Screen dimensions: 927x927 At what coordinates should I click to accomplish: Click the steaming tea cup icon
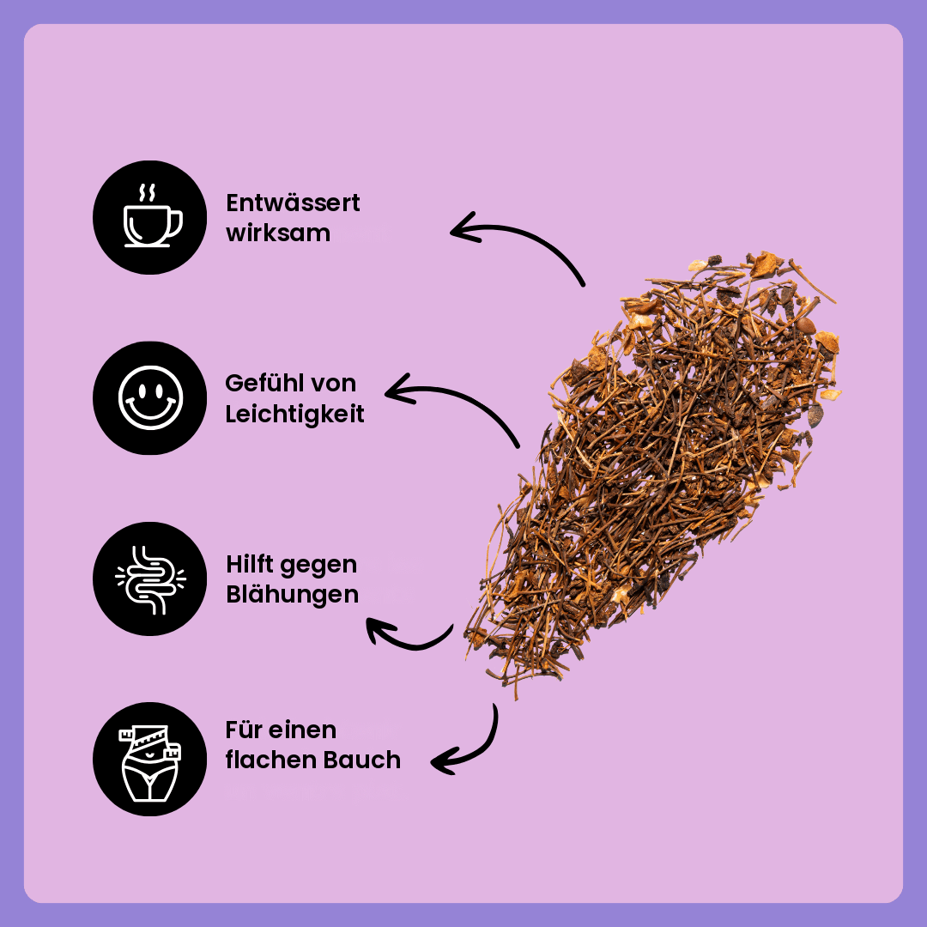click(x=150, y=217)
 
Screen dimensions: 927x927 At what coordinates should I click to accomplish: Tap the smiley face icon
click(x=150, y=397)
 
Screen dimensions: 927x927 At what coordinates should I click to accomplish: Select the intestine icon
click(x=150, y=579)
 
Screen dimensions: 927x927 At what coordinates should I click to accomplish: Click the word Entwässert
click(x=293, y=203)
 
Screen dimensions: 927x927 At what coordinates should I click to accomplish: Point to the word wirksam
click(x=278, y=233)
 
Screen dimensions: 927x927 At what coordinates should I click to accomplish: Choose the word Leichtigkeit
click(x=294, y=415)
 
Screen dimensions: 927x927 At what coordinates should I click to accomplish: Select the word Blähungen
click(x=292, y=595)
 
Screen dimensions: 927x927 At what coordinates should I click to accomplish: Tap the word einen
click(x=302, y=730)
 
